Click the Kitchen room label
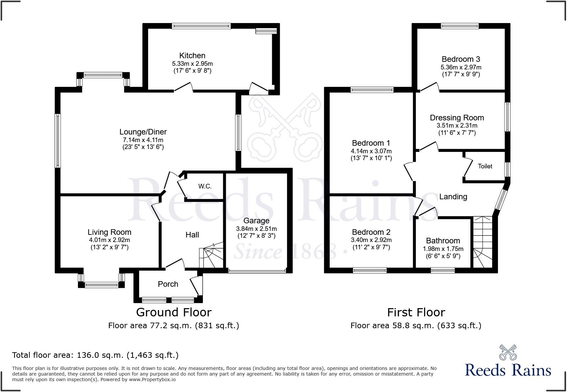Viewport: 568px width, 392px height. pos(192,56)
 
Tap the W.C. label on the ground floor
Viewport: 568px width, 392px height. pos(205,186)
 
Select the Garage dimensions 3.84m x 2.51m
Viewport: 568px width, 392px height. pos(256,229)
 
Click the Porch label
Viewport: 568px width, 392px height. pos(168,284)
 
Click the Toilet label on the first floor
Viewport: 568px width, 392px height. pos(485,166)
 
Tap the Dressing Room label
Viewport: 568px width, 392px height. pos(457,118)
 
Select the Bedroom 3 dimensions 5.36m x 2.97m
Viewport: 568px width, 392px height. pos(461,67)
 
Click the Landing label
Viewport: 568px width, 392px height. pos(453,197)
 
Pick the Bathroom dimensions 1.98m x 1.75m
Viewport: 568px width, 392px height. pos(443,249)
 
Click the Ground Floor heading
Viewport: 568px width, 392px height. pos(174,312)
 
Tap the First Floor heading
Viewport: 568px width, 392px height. pos(416,312)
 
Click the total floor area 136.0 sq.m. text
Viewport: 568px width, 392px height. pos(95,355)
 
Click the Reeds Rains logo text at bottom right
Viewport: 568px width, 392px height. pos(508,370)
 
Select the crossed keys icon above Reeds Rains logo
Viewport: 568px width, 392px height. pos(508,352)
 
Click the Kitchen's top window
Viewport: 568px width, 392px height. pos(201,26)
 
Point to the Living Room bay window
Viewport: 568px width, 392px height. pos(102,284)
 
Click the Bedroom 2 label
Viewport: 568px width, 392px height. pos(371,232)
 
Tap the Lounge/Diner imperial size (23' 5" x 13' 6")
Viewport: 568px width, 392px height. pos(143,147)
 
